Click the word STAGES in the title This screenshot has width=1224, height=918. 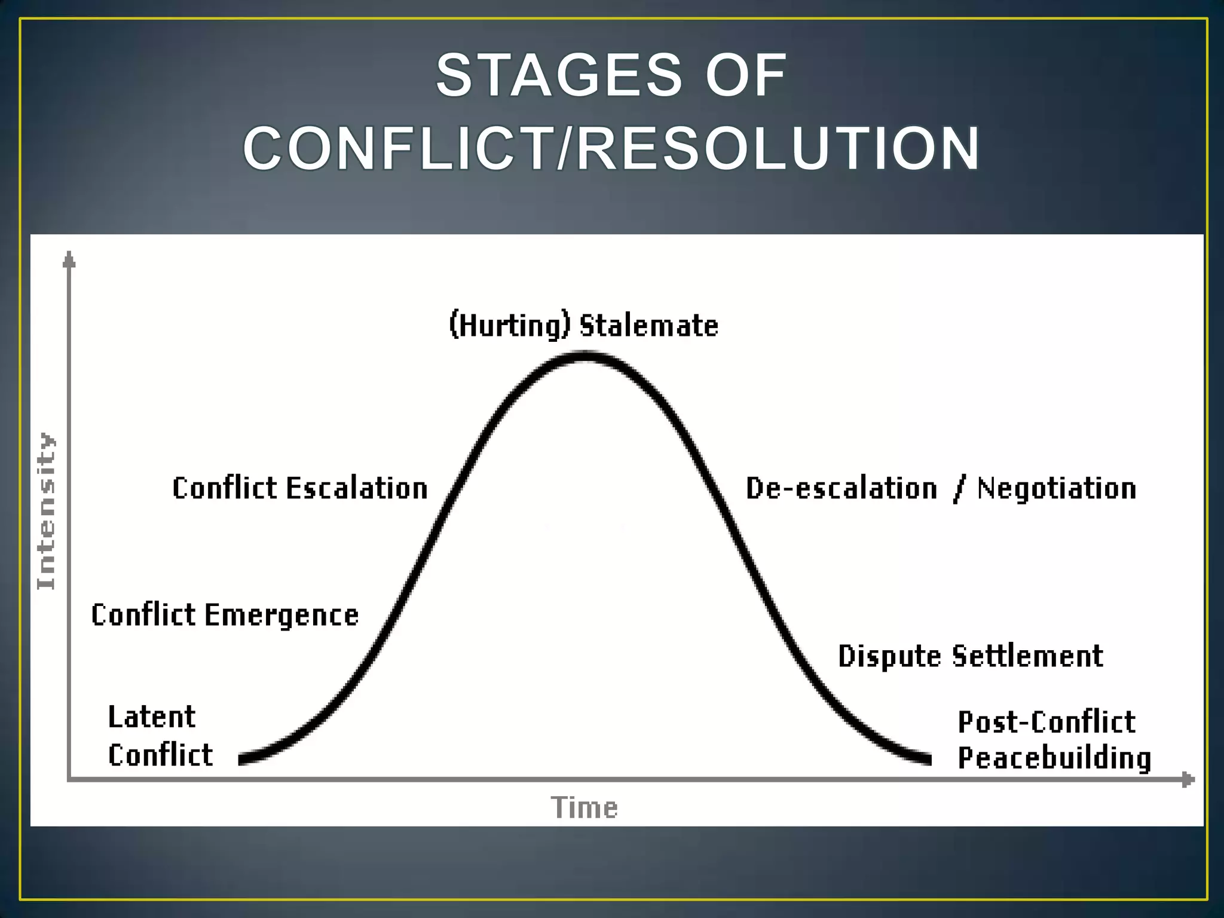pyautogui.click(x=559, y=75)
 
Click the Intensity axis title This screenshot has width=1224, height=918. pyautogui.click(x=46, y=511)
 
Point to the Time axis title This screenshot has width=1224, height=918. pyautogui.click(x=584, y=807)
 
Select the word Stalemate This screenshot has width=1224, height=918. pyautogui.click(x=649, y=326)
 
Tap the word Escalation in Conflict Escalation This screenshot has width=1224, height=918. pyautogui.click(x=357, y=488)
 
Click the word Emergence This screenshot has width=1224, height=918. pyautogui.click(x=281, y=616)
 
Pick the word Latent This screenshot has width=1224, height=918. pyautogui.click(x=152, y=717)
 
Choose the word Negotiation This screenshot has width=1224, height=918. pyautogui.click(x=1057, y=488)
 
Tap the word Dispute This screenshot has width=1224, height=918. pyautogui.click(x=889, y=656)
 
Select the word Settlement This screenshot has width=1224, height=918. pyautogui.click(x=1027, y=656)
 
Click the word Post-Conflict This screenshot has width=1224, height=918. pyautogui.click(x=1046, y=722)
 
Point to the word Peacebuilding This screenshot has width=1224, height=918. pyautogui.click(x=1054, y=758)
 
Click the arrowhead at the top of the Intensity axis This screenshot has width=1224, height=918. pyautogui.click(x=69, y=259)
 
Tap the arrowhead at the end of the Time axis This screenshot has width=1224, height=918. pyautogui.click(x=1188, y=779)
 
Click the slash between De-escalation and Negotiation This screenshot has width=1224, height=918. pyautogui.click(x=959, y=489)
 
